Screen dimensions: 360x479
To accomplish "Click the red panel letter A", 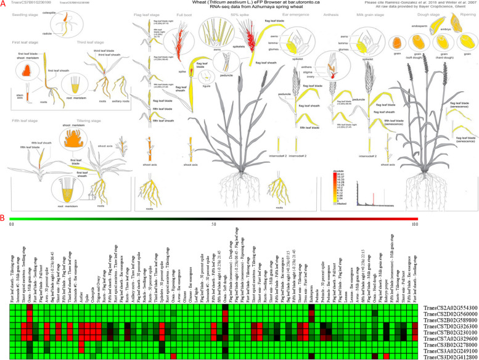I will [x=3, y=4].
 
